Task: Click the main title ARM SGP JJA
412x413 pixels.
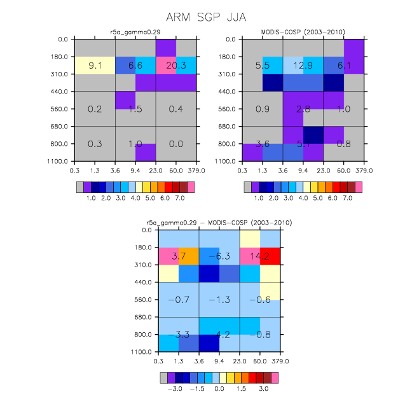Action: click(206, 17)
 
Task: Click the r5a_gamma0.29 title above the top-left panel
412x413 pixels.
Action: click(135, 32)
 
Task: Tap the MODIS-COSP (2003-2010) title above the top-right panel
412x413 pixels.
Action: click(303, 32)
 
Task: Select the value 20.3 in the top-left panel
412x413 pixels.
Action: click(176, 66)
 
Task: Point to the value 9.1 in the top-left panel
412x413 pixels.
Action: click(95, 66)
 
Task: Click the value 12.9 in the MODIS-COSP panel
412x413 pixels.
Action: click(303, 66)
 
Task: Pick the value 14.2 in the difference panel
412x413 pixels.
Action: click(259, 256)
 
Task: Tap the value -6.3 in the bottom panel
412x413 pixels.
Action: click(219, 256)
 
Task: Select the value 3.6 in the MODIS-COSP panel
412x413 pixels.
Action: click(263, 144)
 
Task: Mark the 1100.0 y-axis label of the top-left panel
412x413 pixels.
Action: click(57, 161)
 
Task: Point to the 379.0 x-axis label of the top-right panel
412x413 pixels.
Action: click(364, 171)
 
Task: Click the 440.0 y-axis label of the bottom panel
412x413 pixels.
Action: click(143, 282)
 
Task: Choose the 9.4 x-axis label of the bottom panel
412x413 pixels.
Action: click(219, 361)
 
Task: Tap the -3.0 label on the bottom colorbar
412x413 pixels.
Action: click(175, 389)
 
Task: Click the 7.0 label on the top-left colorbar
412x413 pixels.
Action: click(180, 198)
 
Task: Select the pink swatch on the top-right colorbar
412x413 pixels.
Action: click(359, 187)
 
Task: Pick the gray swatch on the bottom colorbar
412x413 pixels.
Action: click(163, 378)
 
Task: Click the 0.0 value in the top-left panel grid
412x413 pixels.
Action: click(176, 144)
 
